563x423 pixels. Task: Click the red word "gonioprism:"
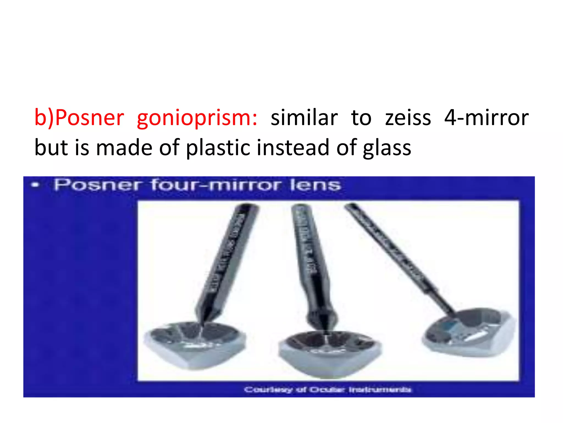197,118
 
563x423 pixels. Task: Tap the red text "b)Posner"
79,118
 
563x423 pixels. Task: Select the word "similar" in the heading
304,118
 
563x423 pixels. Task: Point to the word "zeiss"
408,118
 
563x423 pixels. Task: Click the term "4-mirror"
486,118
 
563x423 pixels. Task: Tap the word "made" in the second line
124,147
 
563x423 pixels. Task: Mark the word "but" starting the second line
51,147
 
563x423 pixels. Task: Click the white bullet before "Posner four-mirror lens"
35,185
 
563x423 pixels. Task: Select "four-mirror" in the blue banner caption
216,185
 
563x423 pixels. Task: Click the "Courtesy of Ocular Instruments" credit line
327,390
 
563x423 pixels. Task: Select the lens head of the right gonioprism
469,333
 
